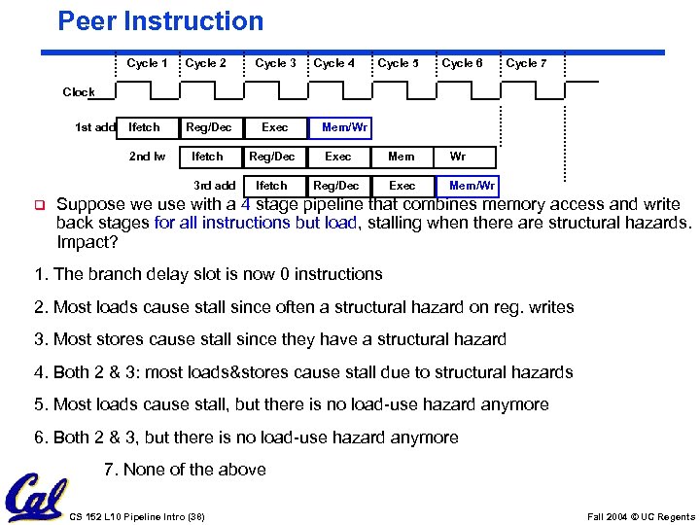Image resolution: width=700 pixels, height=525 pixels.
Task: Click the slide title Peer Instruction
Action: click(160, 21)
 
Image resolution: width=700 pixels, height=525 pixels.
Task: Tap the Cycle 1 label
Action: click(147, 63)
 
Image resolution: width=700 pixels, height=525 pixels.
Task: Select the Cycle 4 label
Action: click(333, 63)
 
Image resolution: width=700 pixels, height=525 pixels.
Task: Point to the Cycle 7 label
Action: click(526, 63)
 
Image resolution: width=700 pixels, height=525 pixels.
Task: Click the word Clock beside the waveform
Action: click(79, 92)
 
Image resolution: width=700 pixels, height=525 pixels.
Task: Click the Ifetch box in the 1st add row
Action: click(145, 127)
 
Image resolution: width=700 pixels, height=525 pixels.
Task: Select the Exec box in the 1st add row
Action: click(275, 127)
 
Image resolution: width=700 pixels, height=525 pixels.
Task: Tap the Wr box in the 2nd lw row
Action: click(458, 157)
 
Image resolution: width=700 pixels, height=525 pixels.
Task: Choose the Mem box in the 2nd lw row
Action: click(401, 157)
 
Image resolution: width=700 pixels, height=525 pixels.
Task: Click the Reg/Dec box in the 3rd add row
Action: click(337, 186)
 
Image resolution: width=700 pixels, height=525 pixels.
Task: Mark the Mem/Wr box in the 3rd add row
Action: click(472, 186)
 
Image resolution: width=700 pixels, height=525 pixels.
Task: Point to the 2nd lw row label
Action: click(147, 157)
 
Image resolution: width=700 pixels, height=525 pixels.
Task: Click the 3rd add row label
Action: click(214, 186)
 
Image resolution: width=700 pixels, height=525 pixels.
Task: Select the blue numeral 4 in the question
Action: click(246, 204)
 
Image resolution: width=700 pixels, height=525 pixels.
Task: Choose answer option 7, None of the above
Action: click(184, 470)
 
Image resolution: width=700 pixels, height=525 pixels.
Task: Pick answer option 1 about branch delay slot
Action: click(208, 274)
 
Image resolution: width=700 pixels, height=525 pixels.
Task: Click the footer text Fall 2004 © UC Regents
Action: click(642, 516)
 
